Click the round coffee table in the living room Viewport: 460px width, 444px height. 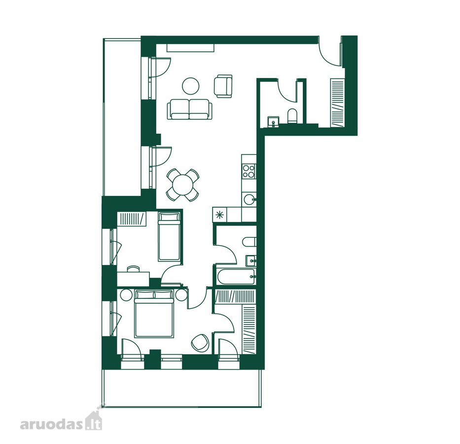(x=191, y=86)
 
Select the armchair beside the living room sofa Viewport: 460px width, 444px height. (x=223, y=86)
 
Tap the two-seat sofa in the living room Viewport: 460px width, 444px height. (x=189, y=109)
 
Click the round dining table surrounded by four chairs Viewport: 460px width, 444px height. (x=182, y=185)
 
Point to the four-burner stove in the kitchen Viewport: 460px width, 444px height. (x=249, y=171)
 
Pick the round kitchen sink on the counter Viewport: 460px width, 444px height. (x=249, y=200)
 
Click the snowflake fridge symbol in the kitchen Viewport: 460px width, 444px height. (x=219, y=215)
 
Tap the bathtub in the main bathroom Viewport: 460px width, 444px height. (x=236, y=276)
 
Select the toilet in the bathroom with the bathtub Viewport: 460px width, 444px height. (x=249, y=242)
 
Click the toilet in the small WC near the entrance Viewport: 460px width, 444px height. (x=292, y=115)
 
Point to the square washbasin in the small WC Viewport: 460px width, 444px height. (x=273, y=121)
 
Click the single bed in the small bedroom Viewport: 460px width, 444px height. (x=169, y=237)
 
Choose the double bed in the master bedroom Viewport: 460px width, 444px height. (x=153, y=313)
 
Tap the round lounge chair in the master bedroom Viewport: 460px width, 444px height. (x=200, y=342)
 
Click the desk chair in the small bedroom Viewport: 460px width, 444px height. (x=134, y=268)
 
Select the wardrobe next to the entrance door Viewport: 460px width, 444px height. (x=337, y=103)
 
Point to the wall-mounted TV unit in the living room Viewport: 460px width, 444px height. (x=191, y=48)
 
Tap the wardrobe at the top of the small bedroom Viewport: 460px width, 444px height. (x=132, y=219)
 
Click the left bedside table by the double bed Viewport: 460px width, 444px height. (x=126, y=295)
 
